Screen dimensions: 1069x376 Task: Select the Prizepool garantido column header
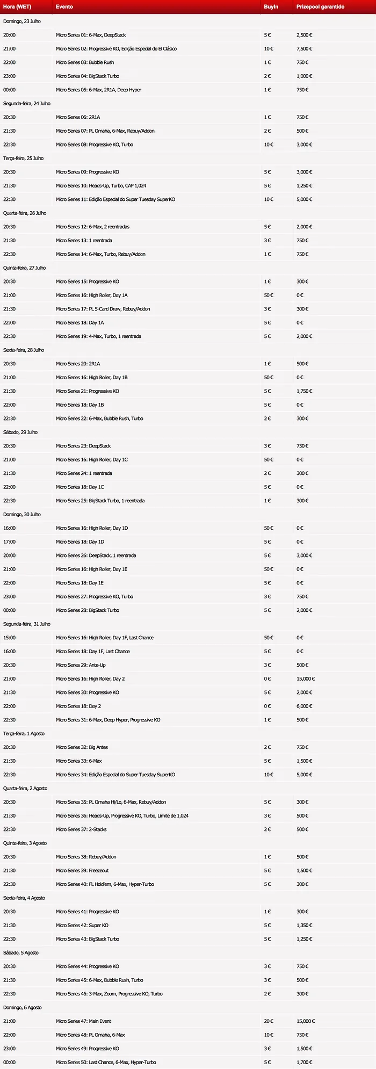point(320,7)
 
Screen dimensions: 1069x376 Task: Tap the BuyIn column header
point(271,7)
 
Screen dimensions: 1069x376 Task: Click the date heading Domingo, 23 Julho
point(22,21)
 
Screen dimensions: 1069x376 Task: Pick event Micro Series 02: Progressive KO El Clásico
point(116,49)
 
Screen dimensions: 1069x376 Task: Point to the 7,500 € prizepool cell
point(305,49)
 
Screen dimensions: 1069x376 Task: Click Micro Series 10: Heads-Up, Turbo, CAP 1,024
point(101,186)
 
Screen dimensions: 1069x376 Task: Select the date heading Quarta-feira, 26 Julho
point(25,213)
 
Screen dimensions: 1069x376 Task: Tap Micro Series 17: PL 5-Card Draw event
point(103,309)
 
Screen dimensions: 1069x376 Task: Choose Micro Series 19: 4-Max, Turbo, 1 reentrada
point(99,336)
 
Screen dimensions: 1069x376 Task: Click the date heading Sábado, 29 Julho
point(20,432)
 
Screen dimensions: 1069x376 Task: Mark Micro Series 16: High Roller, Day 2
point(90,679)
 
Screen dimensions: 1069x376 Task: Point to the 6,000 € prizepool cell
point(305,706)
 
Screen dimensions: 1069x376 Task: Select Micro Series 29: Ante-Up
point(81,665)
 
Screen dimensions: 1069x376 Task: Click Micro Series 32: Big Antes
point(82,747)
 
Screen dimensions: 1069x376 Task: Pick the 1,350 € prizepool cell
point(305,926)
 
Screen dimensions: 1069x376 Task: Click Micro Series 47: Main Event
point(83,1021)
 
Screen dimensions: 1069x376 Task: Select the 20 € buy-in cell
point(269,1021)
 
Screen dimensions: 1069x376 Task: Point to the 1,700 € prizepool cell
point(305,1062)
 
